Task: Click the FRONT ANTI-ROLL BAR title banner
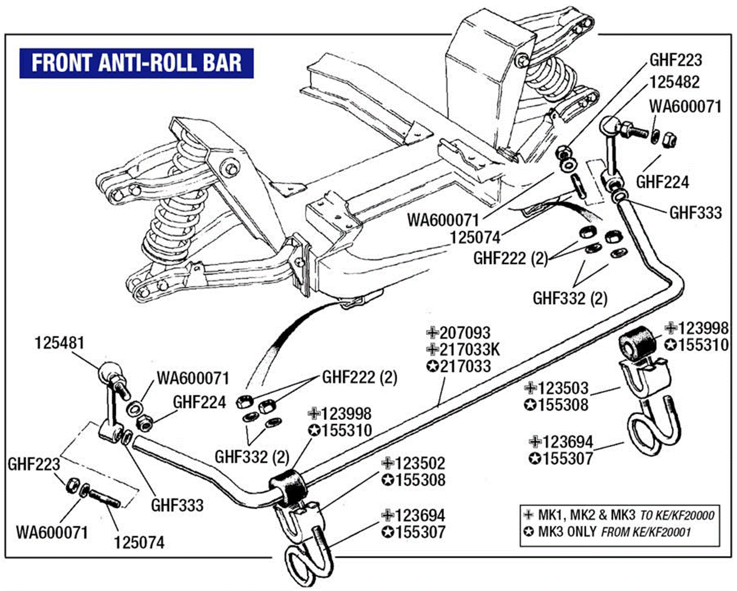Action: click(136, 63)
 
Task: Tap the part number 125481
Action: click(59, 343)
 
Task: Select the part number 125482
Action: click(674, 82)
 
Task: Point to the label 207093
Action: click(465, 333)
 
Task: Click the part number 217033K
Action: click(469, 349)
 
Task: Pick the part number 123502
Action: click(420, 463)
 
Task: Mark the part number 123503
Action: click(563, 388)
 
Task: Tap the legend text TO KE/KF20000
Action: click(677, 515)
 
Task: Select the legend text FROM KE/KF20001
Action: click(646, 532)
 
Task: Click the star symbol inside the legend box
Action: click(529, 532)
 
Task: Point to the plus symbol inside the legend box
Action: click(529, 515)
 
